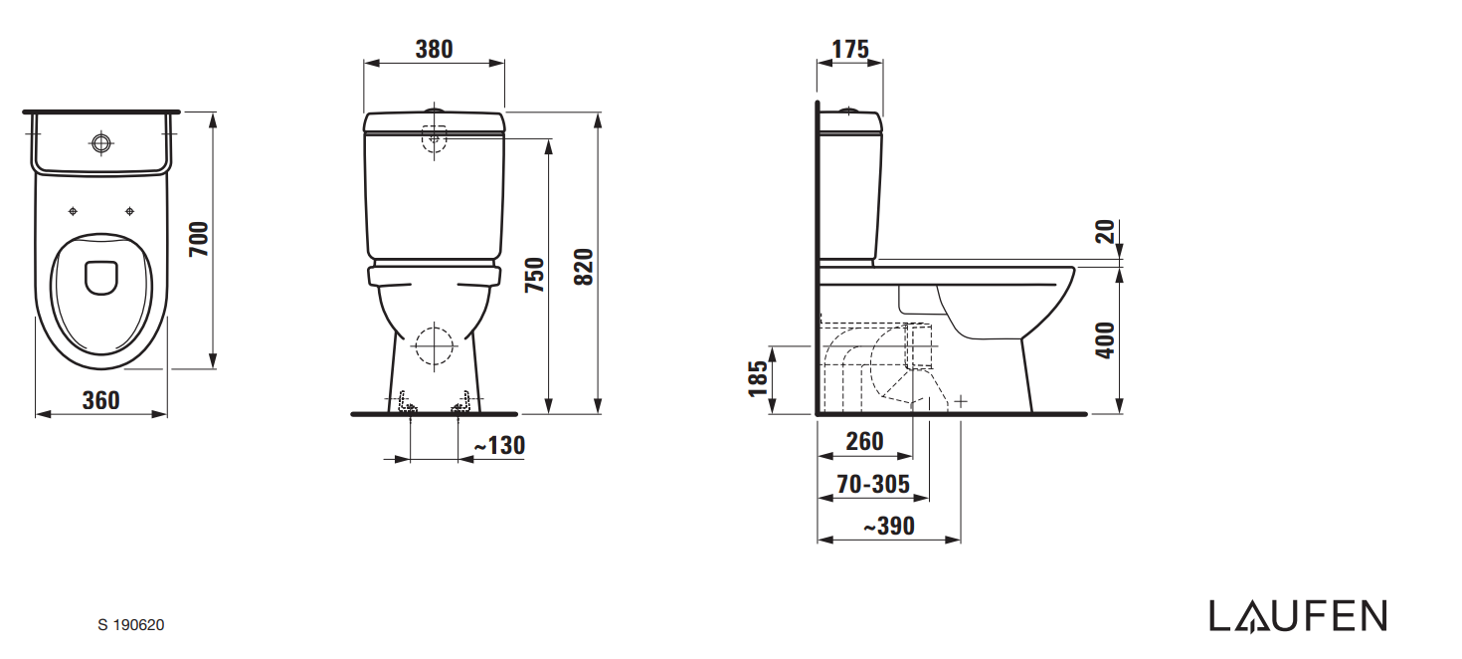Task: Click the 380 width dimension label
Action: [434, 49]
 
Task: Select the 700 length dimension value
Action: [199, 240]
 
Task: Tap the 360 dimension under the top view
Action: [100, 399]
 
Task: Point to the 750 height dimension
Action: [534, 274]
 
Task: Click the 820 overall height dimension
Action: [584, 266]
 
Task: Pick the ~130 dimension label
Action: [498, 446]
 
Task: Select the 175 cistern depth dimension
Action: [849, 49]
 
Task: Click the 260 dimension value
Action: [863, 441]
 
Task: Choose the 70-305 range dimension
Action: [872, 484]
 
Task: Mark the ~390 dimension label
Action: [888, 526]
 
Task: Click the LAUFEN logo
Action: [1297, 616]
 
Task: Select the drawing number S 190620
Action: [131, 625]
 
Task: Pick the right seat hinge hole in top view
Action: [129, 211]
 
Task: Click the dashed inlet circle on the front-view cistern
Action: [435, 138]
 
